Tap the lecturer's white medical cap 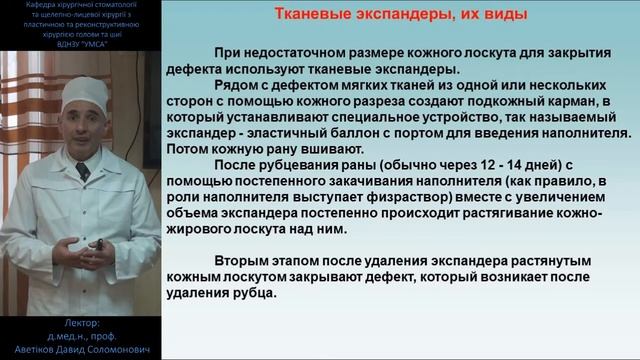[84, 93]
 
